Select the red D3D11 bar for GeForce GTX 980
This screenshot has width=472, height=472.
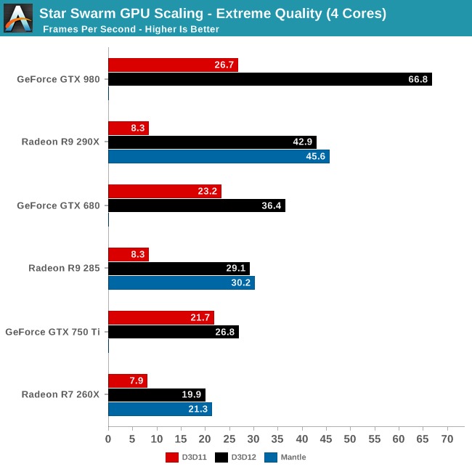pyautogui.click(x=173, y=65)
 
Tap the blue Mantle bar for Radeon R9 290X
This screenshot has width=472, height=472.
pyautogui.click(x=219, y=157)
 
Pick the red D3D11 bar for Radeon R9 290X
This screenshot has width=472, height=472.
pyautogui.click(x=129, y=129)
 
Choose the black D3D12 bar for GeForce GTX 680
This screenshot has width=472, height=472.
pyautogui.click(x=196, y=206)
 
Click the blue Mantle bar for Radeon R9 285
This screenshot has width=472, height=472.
pyautogui.click(x=182, y=283)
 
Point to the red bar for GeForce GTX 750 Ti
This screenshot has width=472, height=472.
pyautogui.click(x=161, y=317)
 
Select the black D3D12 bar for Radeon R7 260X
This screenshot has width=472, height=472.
pyautogui.click(x=157, y=394)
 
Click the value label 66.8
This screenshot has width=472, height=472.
pyautogui.click(x=418, y=79)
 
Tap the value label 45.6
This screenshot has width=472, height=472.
pyautogui.click(x=314, y=157)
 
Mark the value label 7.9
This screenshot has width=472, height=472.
pyautogui.click(x=135, y=381)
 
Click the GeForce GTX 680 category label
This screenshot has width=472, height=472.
pyautogui.click(x=58, y=206)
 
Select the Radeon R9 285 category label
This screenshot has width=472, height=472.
pyautogui.click(x=64, y=269)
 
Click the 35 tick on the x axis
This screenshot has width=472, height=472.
pyautogui.click(x=278, y=439)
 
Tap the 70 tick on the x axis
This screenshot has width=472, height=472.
pyautogui.click(x=447, y=439)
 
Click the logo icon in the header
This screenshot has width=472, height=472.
pyautogui.click(x=18, y=18)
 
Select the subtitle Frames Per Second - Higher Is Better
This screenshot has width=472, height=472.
pyautogui.click(x=131, y=29)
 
